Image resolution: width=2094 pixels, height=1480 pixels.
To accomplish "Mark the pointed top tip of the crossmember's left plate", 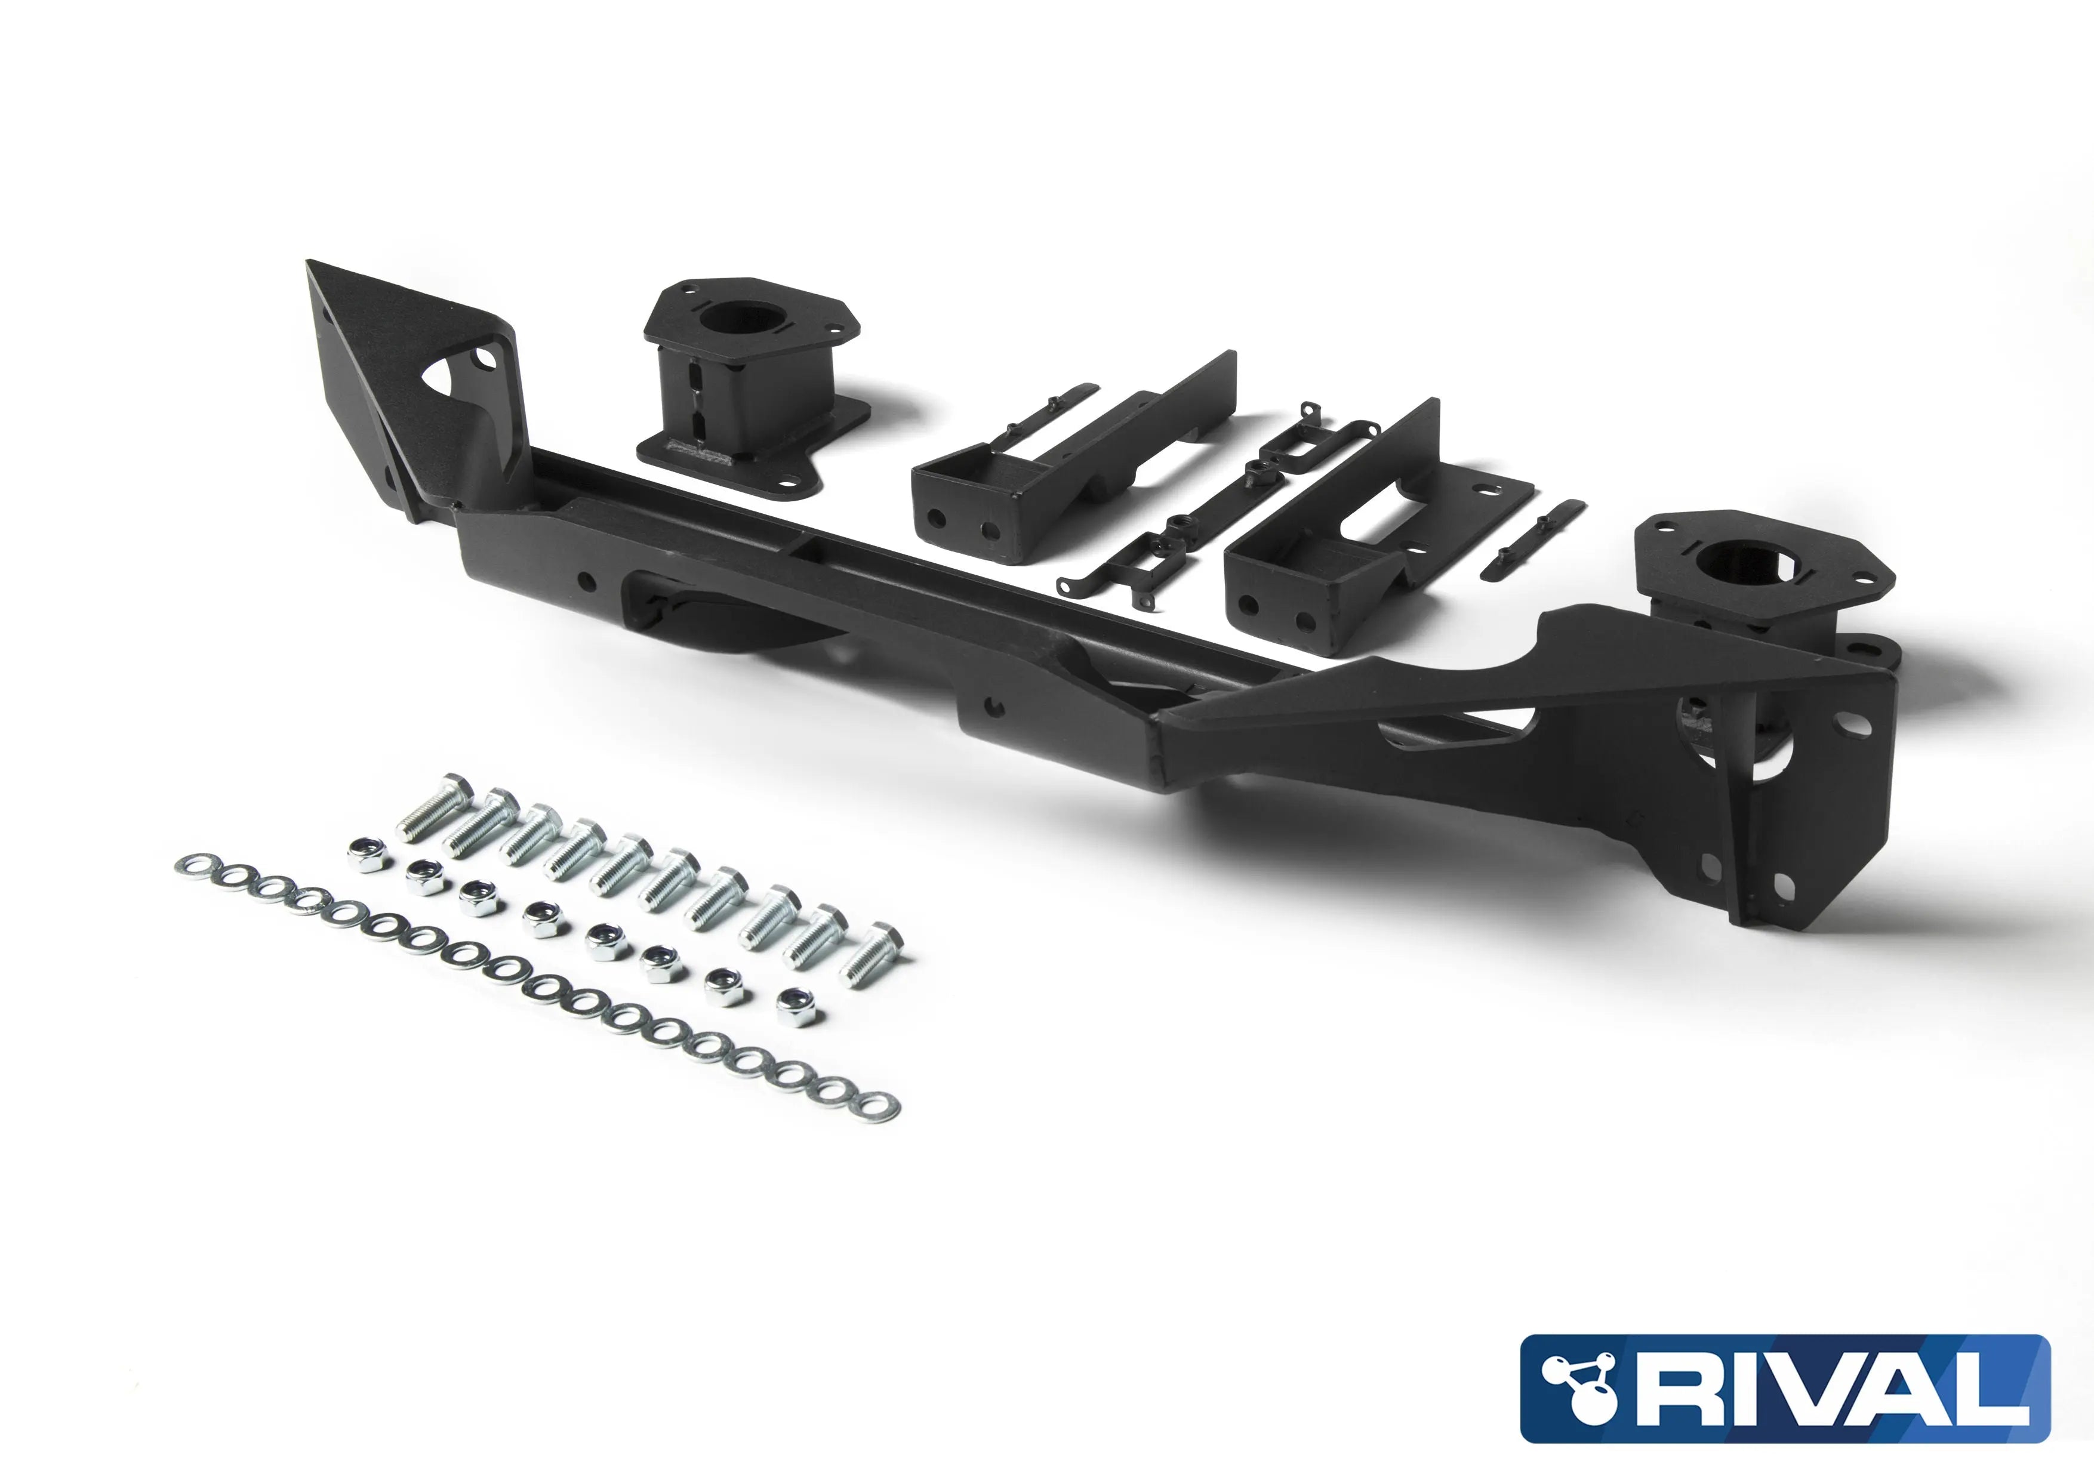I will (310, 264).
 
